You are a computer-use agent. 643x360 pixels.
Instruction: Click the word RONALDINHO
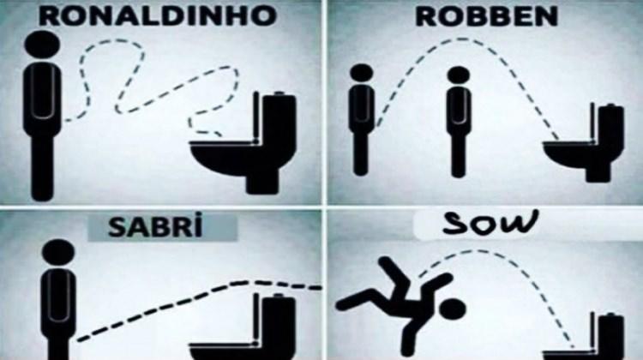pyautogui.click(x=158, y=15)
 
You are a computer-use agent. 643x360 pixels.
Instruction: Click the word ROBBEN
pyautogui.click(x=487, y=16)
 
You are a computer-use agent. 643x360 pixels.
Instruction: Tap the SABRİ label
pyautogui.click(x=155, y=227)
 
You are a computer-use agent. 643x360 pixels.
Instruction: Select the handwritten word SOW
pyautogui.click(x=490, y=223)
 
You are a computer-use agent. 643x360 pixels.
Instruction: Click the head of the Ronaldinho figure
pyautogui.click(x=42, y=45)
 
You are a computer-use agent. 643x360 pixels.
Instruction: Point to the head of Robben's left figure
pyautogui.click(x=362, y=72)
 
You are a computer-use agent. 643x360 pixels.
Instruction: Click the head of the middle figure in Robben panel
pyautogui.click(x=459, y=75)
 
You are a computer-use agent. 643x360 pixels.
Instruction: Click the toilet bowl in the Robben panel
pyautogui.click(x=571, y=155)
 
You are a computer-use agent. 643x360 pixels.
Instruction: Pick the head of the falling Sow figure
pyautogui.click(x=454, y=309)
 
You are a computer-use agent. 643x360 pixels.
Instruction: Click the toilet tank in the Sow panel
pyautogui.click(x=611, y=334)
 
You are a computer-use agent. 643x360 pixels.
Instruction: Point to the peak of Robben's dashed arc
pyautogui.click(x=463, y=39)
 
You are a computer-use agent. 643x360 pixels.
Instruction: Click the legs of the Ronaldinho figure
pyautogui.click(x=42, y=167)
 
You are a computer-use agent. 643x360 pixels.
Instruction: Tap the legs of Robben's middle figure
pyautogui.click(x=459, y=153)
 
